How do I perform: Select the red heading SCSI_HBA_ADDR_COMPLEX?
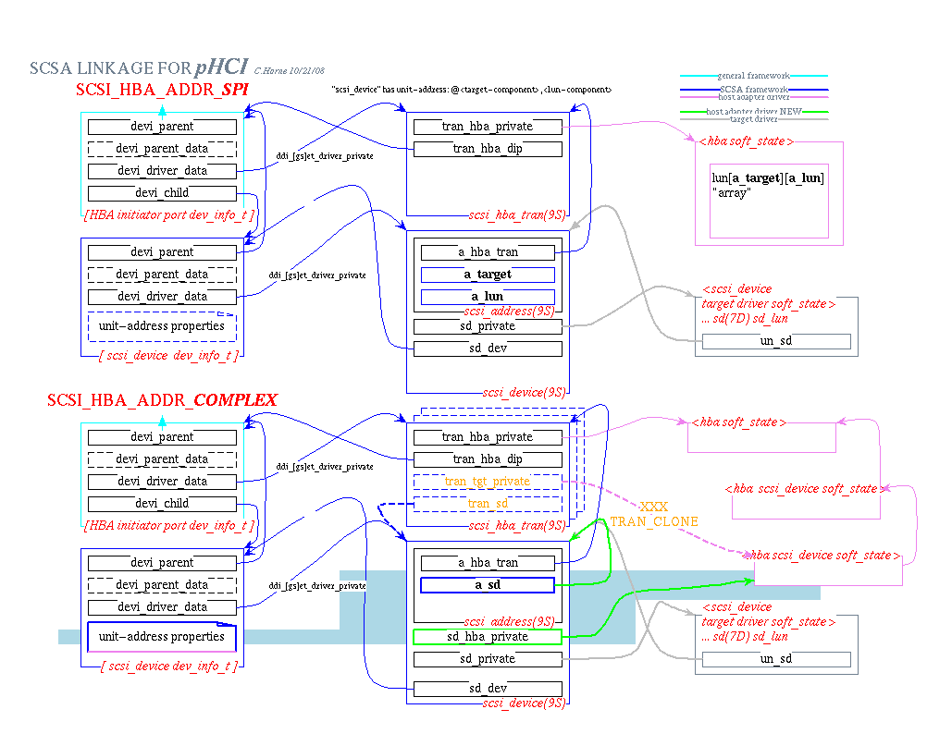point(163,400)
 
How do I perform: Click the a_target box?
point(488,275)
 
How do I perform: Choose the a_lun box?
point(488,297)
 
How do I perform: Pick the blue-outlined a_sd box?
point(488,585)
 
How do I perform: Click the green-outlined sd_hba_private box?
point(488,637)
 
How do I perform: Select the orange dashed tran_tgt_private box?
point(488,482)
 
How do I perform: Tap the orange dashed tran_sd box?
point(488,504)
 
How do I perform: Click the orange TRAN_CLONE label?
point(654,521)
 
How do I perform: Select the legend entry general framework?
point(754,76)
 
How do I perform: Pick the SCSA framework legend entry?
point(754,89)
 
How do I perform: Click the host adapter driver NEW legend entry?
point(754,112)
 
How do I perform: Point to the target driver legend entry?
point(754,119)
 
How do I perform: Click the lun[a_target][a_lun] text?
point(768,177)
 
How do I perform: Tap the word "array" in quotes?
point(730,192)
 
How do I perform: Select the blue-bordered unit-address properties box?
point(162,637)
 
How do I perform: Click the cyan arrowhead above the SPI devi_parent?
point(163,111)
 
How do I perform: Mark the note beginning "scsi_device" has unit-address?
point(471,90)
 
